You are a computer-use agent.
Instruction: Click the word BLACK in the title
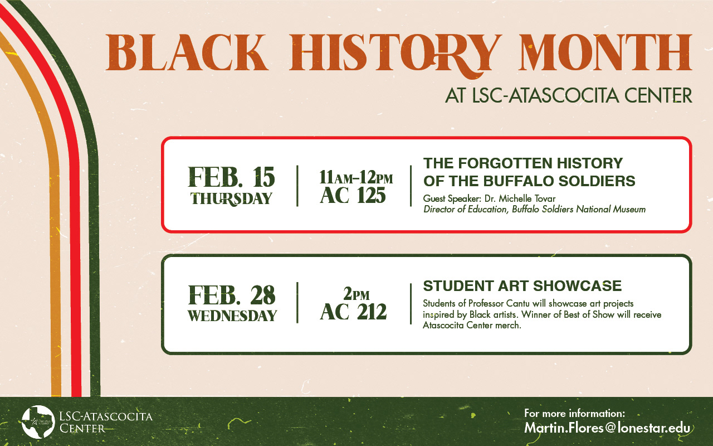187,52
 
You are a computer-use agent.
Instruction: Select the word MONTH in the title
605,52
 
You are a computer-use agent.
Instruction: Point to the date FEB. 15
231,177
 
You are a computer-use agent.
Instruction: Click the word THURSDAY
231,199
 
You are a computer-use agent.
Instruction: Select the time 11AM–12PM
356,177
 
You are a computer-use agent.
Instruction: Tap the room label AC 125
353,195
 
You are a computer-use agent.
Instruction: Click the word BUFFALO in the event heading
519,181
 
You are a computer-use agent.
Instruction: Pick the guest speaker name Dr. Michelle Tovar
520,198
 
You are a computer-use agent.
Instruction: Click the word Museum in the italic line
629,209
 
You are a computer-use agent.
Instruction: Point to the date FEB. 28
231,295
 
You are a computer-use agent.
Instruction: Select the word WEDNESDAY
232,316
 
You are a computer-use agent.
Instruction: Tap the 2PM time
356,294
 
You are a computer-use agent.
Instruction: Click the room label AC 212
353,312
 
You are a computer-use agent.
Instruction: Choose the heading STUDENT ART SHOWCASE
522,286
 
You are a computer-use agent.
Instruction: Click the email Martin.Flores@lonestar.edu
607,428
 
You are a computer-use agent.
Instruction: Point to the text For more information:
574,414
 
